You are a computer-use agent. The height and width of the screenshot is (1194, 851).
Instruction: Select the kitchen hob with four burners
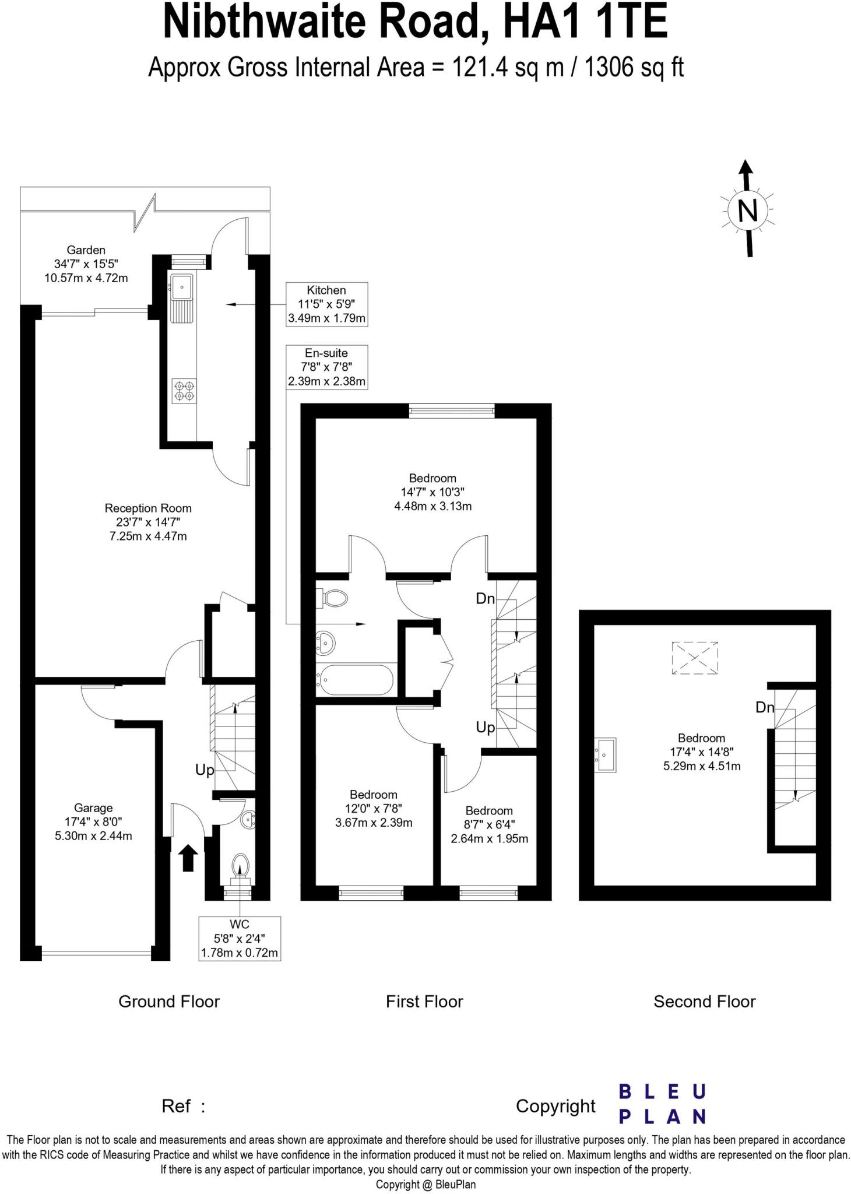(x=184, y=390)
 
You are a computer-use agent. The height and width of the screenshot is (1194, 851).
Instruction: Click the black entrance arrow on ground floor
(x=187, y=858)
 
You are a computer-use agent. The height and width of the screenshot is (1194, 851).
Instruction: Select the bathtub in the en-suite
(x=356, y=679)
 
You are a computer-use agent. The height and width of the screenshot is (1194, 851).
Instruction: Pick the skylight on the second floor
(x=694, y=658)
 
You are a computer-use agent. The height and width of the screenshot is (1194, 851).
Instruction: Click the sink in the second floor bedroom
(x=605, y=754)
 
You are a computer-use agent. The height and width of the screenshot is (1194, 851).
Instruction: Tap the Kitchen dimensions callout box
(x=326, y=304)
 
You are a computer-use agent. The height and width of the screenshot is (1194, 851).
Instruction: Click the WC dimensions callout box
(x=240, y=939)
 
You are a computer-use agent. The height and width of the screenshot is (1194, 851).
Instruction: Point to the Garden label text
(x=86, y=250)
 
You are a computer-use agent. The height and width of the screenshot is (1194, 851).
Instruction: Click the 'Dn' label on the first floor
(x=485, y=598)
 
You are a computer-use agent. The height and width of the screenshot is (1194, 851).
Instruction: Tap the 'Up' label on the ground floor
(x=205, y=770)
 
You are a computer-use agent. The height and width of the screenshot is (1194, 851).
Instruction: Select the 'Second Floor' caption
(x=704, y=1002)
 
